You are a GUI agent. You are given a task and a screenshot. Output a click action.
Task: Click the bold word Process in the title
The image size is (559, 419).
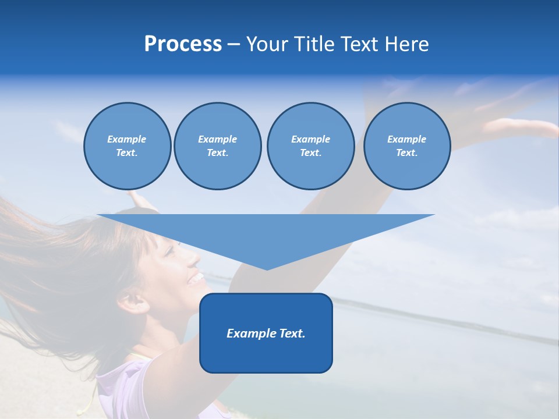[x=183, y=44]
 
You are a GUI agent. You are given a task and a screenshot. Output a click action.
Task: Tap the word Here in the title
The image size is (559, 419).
[x=408, y=44]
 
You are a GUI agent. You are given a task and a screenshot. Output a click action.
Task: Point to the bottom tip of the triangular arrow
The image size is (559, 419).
[x=267, y=269]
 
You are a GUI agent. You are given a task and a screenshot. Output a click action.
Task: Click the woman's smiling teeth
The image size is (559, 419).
[x=197, y=278]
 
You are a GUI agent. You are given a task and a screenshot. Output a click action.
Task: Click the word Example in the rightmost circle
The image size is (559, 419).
[x=406, y=139]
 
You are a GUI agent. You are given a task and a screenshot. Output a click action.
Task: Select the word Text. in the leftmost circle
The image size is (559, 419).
[x=127, y=152]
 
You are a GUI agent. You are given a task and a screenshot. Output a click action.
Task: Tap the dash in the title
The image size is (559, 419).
[x=234, y=44]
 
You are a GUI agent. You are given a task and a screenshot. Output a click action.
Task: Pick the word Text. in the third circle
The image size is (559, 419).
[x=310, y=152]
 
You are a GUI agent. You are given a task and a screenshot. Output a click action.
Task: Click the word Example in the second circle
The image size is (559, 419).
[x=217, y=139]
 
